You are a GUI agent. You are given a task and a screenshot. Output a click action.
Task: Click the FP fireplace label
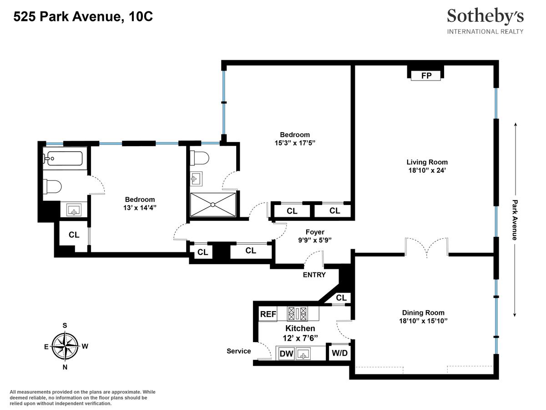pos(426,76)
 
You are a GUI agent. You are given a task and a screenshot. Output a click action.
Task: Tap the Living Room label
pos(427,162)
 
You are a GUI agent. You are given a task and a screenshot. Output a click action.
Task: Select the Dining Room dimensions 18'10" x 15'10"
pos(423,321)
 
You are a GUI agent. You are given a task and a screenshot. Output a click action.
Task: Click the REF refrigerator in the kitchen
pos(268,314)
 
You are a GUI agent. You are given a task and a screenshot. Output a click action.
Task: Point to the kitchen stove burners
pos(297,314)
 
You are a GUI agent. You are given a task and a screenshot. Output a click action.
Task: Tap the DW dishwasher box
pos(286,354)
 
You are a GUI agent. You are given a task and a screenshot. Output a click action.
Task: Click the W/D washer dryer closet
pos(339,353)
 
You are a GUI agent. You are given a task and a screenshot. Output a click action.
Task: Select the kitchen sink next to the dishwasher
pos(303,354)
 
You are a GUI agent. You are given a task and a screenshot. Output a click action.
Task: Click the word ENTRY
pos(314,275)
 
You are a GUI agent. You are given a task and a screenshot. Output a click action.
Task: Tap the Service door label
pos(238,351)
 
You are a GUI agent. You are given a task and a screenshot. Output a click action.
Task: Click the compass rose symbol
pos(65,346)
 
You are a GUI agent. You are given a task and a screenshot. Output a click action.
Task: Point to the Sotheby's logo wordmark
pos(485,17)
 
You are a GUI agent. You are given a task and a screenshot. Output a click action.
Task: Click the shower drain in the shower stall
pos(212,205)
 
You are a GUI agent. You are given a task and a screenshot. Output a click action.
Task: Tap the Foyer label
pos(315,232)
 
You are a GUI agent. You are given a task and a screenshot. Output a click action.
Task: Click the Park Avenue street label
pos(515,220)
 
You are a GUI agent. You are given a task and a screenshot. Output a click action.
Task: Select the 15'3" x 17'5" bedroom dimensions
pos(295,143)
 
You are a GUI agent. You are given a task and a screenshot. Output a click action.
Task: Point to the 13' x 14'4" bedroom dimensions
pos(140,208)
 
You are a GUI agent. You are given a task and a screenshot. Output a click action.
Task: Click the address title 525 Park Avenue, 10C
pos(83,17)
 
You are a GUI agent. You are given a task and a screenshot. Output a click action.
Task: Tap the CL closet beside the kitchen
pos(341,298)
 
